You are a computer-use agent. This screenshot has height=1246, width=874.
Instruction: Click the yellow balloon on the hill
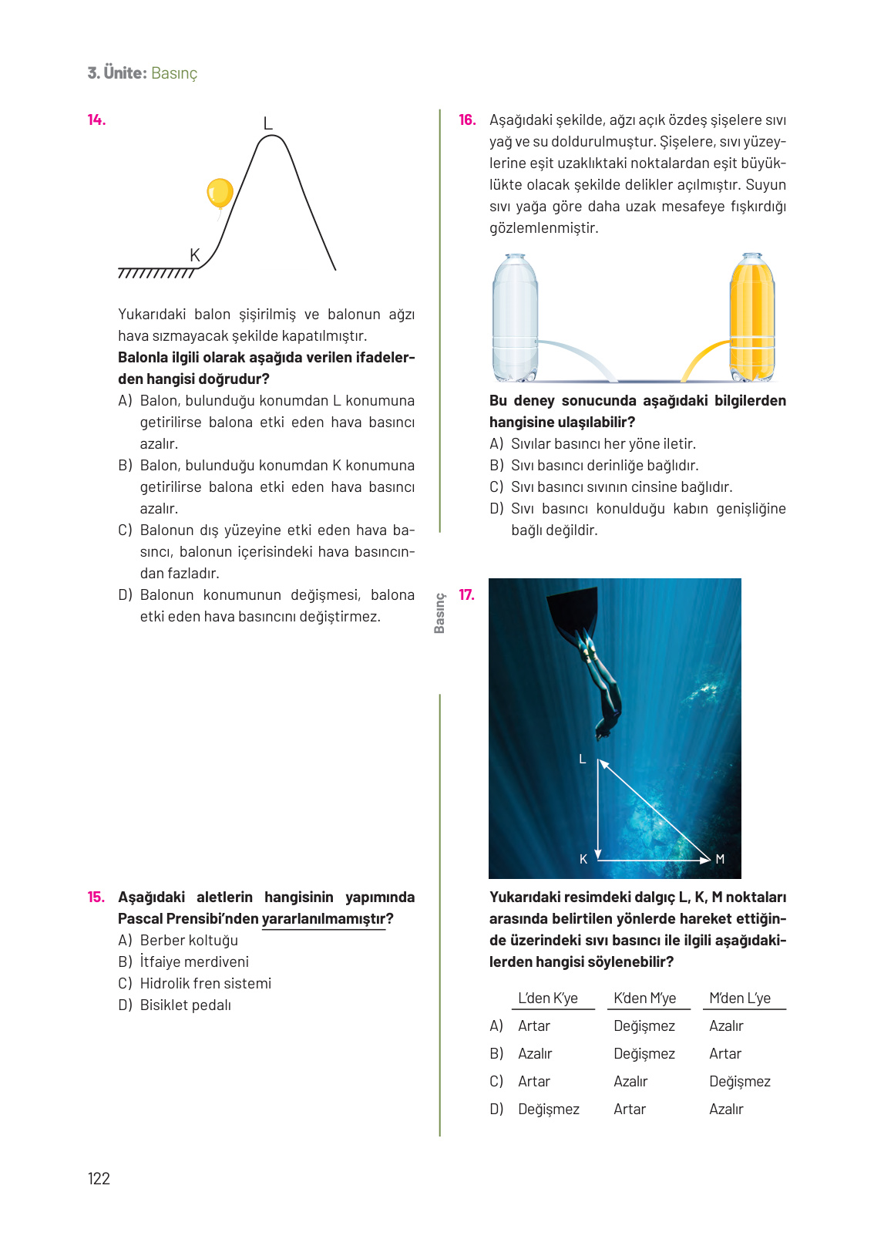click(x=220, y=193)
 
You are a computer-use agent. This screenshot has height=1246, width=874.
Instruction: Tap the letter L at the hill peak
click(x=267, y=123)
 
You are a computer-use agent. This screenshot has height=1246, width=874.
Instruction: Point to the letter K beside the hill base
click(x=194, y=255)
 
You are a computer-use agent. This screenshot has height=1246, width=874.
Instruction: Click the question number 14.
click(x=96, y=120)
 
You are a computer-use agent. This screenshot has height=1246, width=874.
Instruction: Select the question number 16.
click(x=467, y=120)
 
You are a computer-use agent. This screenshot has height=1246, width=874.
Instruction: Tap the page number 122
click(x=99, y=1178)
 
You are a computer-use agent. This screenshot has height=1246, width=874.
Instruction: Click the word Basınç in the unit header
click(x=174, y=73)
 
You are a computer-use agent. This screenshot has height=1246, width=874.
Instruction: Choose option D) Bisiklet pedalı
click(x=176, y=1005)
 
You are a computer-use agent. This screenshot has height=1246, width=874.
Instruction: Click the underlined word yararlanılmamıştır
click(x=324, y=918)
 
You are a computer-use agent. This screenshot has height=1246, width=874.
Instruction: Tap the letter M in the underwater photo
click(x=720, y=859)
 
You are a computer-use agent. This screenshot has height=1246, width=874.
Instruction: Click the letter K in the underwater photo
click(x=583, y=859)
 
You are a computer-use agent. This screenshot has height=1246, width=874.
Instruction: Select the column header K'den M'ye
click(x=644, y=998)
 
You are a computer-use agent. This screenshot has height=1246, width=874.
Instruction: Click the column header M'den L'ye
click(x=740, y=998)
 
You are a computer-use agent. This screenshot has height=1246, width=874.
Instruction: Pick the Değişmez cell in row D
click(x=549, y=1109)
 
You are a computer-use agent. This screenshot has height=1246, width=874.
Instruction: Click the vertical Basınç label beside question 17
click(x=439, y=613)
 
